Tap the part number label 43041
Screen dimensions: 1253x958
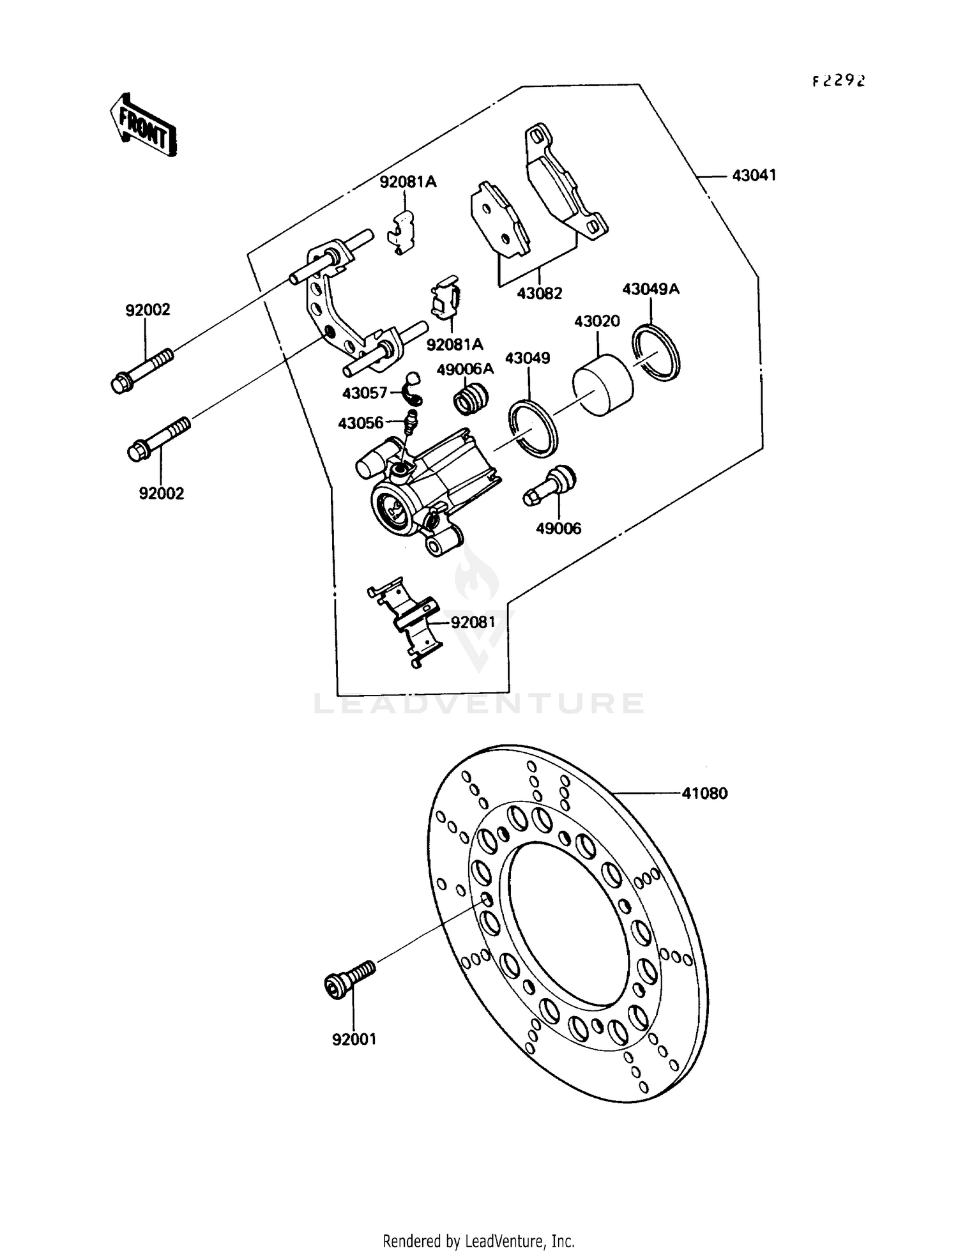click(x=754, y=175)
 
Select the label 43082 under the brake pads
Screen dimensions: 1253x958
click(x=539, y=293)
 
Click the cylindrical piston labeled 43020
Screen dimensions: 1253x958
click(x=602, y=386)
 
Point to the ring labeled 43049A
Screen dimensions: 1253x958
click(x=657, y=353)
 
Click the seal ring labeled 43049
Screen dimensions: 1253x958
click(x=533, y=428)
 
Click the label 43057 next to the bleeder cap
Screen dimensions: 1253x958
click(x=365, y=393)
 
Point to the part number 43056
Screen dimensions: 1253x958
click(x=360, y=423)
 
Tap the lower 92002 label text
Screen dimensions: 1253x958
click(x=162, y=493)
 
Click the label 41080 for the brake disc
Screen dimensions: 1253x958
click(x=704, y=793)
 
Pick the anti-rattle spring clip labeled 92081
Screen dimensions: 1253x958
click(x=405, y=623)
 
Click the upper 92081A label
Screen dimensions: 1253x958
click(x=408, y=182)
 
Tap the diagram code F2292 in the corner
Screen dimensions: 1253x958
click(x=839, y=81)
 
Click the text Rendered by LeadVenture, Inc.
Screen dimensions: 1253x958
click(x=478, y=1242)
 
